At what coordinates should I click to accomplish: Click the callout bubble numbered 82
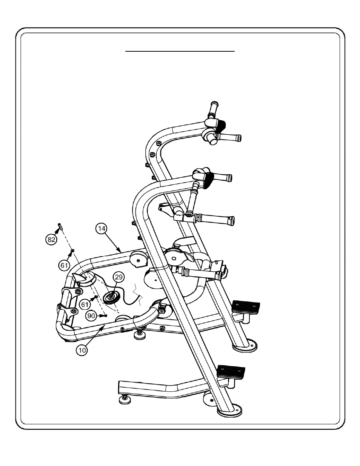click(51, 239)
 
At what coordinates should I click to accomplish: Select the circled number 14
click(102, 229)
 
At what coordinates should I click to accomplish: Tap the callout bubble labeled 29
click(118, 277)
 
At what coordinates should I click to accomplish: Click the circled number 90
click(91, 316)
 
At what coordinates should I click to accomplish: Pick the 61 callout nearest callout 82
click(64, 266)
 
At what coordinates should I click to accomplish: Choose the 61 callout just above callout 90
click(85, 304)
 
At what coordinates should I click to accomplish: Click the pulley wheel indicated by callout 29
click(111, 297)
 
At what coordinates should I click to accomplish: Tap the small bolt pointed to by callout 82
click(60, 226)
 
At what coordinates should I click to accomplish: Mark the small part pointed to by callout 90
click(105, 315)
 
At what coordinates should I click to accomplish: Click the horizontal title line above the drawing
click(180, 51)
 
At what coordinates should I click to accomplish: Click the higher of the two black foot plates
click(246, 307)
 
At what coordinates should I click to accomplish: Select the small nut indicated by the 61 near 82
click(72, 250)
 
